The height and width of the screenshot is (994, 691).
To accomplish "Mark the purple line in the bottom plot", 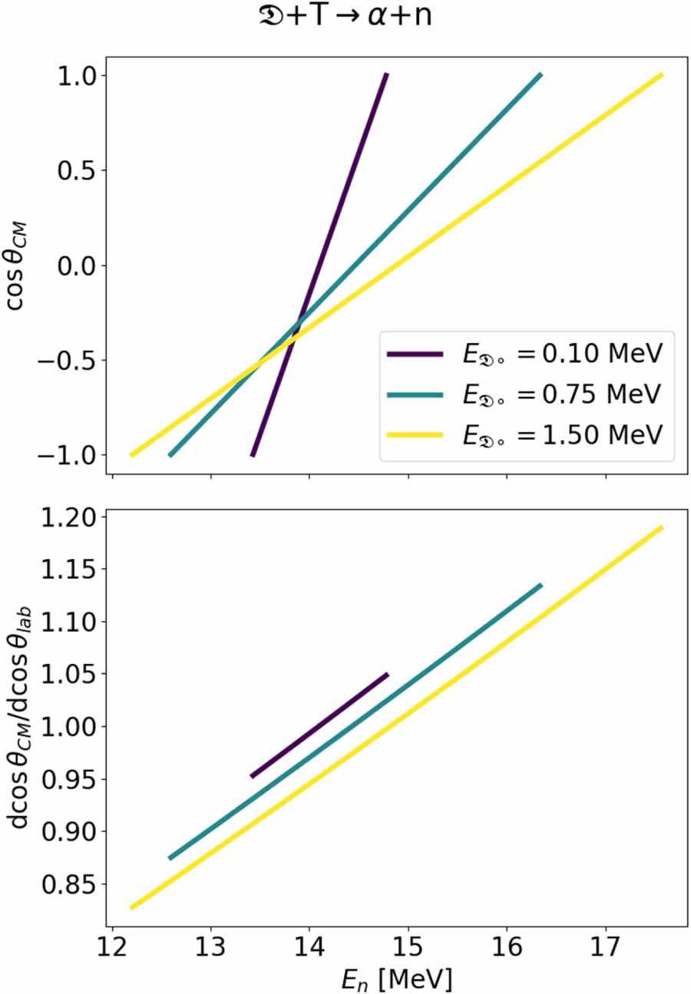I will [319, 725].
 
